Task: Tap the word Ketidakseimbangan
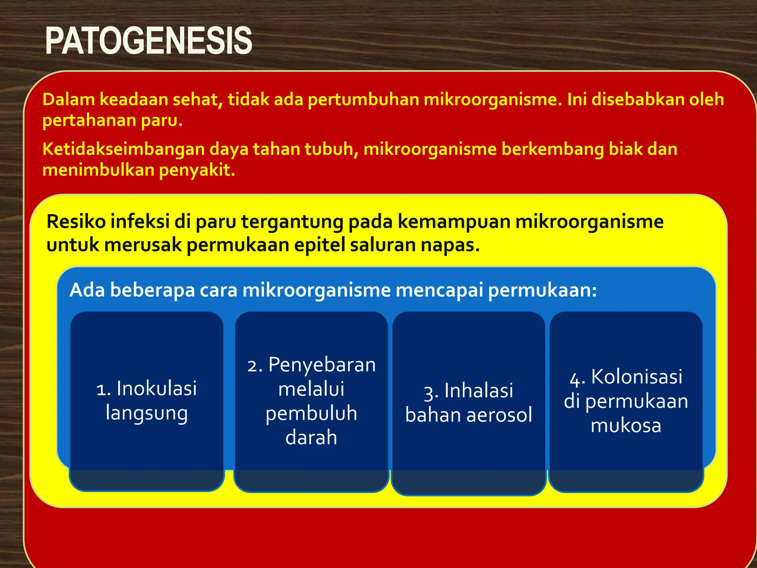coord(123,149)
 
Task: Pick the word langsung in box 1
coord(147,413)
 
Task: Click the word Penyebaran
coord(322,365)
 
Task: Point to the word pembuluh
coord(311,413)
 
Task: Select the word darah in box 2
coord(311,438)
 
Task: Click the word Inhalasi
coord(479,391)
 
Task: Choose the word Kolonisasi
coord(637,377)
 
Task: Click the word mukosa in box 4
coord(626,426)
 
